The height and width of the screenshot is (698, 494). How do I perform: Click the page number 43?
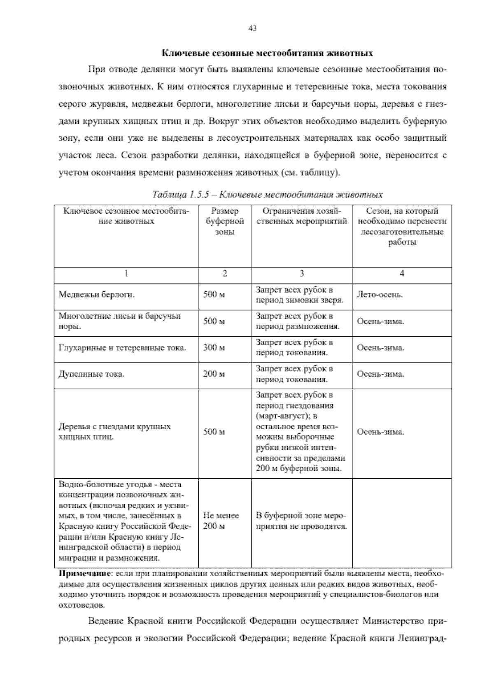253,28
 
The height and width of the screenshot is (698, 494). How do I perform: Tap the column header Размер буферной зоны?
224,221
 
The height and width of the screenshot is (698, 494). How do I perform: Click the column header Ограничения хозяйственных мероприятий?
301,216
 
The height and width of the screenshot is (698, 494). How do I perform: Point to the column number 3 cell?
301,274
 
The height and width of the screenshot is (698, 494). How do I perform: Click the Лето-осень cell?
380,295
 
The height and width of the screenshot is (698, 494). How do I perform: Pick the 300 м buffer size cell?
214,348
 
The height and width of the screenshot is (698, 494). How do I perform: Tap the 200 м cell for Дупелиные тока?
214,374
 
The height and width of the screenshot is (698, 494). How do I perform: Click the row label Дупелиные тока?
91,374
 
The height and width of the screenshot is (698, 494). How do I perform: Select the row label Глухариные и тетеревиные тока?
122,348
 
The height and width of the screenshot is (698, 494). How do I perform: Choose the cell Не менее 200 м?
221,521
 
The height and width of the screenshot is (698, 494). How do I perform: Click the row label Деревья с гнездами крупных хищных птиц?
114,432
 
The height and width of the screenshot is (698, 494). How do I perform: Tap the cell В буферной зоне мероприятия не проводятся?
301,521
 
